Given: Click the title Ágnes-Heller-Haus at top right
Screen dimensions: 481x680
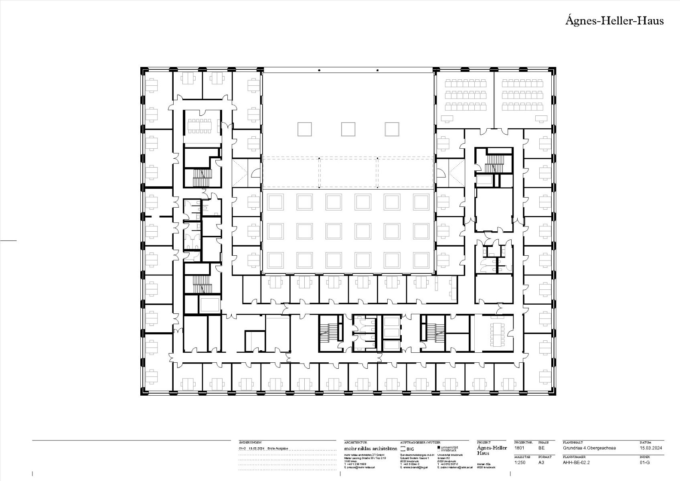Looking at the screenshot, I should coord(614,20).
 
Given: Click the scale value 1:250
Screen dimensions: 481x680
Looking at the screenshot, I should coord(520,462).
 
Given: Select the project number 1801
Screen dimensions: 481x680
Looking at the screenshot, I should coord(520,448).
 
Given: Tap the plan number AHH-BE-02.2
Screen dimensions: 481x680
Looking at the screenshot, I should coord(576,462).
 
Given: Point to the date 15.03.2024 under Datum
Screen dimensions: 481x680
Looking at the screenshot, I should coord(651,448).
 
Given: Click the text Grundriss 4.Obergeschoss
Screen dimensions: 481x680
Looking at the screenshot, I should coord(589,448).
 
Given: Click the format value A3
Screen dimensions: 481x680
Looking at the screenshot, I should coord(541,462).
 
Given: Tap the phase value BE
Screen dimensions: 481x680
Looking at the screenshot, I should coord(541,448).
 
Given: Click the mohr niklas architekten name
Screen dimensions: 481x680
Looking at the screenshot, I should coord(370,448).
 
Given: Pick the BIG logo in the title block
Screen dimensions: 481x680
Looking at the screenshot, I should coord(407,449).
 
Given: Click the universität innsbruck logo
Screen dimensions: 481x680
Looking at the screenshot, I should coord(448,449).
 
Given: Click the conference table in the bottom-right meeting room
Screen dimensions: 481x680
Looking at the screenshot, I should coord(498,334).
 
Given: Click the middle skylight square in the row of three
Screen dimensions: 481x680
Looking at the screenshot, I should coord(348,129).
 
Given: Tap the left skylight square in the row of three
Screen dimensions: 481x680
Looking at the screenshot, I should coord(304,129).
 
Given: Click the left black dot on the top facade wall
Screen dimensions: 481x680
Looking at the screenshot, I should coord(319,71).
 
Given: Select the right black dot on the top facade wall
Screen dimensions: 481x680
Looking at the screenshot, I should coord(377,71).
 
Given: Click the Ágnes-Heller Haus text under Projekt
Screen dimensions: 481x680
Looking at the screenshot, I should coord(492,450).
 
